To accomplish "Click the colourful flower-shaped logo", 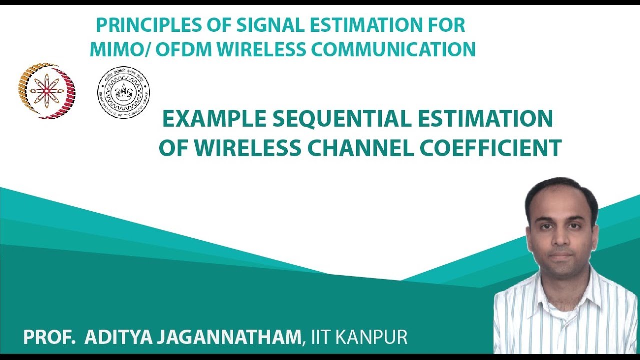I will [47, 91].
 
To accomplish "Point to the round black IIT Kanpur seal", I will [123, 92].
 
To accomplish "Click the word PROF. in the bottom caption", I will [49, 337].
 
